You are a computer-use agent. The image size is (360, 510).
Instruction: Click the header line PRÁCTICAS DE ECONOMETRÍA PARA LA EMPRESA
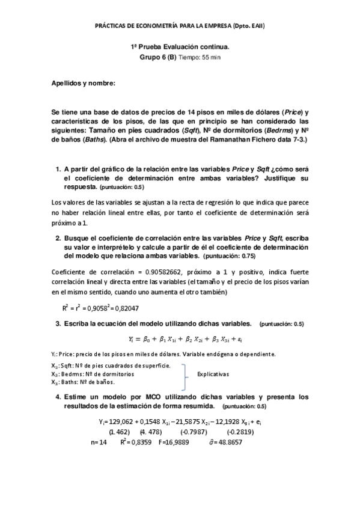click(x=180, y=26)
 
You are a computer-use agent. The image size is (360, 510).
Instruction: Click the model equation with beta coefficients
click(x=180, y=339)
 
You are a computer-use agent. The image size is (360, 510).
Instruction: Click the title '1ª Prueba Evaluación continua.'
click(x=180, y=46)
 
